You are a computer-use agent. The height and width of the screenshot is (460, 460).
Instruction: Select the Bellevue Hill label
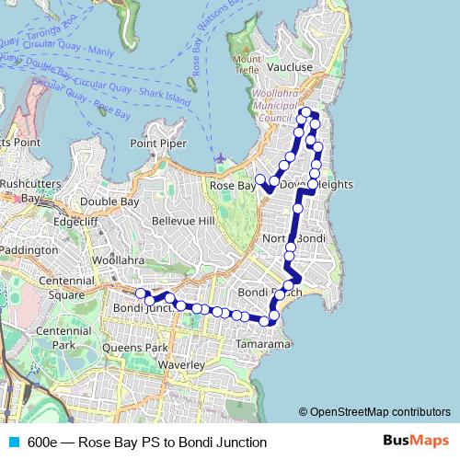182,222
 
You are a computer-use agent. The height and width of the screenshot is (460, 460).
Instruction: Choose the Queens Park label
135,349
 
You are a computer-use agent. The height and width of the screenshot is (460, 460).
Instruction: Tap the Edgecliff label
75,221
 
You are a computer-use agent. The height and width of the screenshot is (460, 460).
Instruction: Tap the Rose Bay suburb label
232,186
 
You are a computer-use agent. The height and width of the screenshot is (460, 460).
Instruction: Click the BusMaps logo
417,442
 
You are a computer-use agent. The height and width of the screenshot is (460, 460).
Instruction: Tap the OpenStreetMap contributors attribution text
379,412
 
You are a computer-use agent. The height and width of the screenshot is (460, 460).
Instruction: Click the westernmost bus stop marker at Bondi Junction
141,293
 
